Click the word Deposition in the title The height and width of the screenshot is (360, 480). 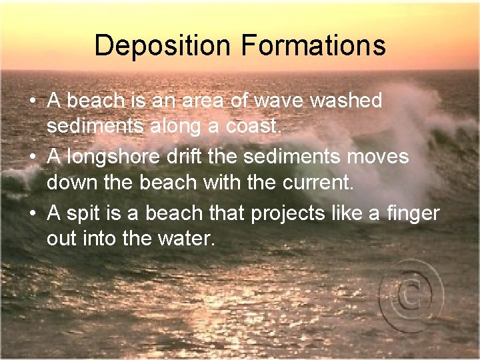pos(164,46)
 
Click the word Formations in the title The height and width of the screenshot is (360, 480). pos(313,46)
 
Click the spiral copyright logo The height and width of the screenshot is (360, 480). pos(410,292)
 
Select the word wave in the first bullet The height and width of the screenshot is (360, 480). pos(273,101)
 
